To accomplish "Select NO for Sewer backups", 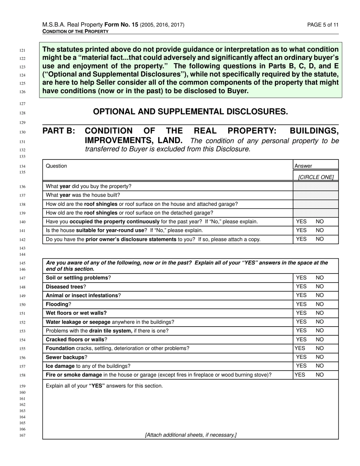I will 320,357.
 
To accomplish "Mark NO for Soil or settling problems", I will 320,278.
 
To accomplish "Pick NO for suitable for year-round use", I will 320,230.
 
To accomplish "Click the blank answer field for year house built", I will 316,195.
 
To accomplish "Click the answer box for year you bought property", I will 316,186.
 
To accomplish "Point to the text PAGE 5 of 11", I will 323,25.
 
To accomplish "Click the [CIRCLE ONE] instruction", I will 316,177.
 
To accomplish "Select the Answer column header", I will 303,166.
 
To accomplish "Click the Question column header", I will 56,166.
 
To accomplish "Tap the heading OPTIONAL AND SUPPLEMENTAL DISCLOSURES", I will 190,112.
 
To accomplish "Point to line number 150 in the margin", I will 22,305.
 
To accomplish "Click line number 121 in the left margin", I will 22,50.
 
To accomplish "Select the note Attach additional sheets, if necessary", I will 191,435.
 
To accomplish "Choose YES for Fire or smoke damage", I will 300,375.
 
